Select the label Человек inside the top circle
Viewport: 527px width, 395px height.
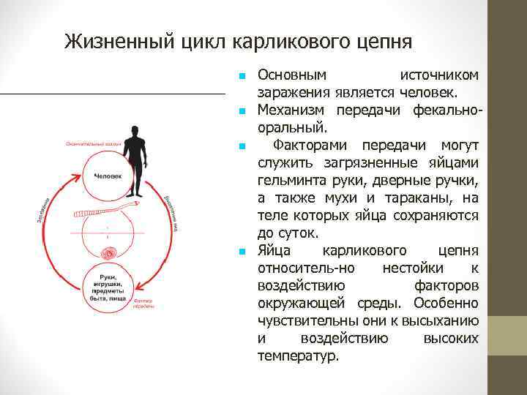pos(108,178)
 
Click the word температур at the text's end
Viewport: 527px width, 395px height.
pos(298,356)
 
